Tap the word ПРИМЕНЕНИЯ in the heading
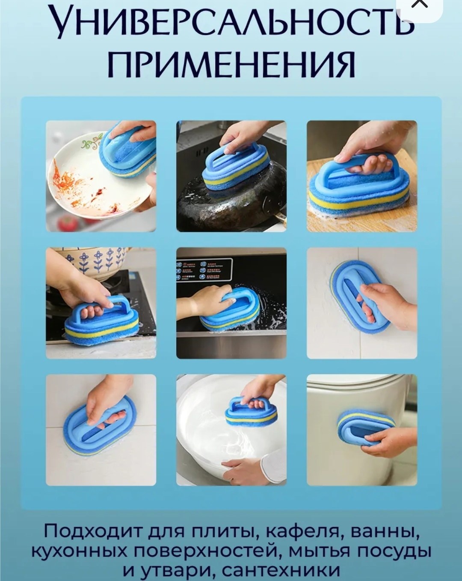coord(231,65)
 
